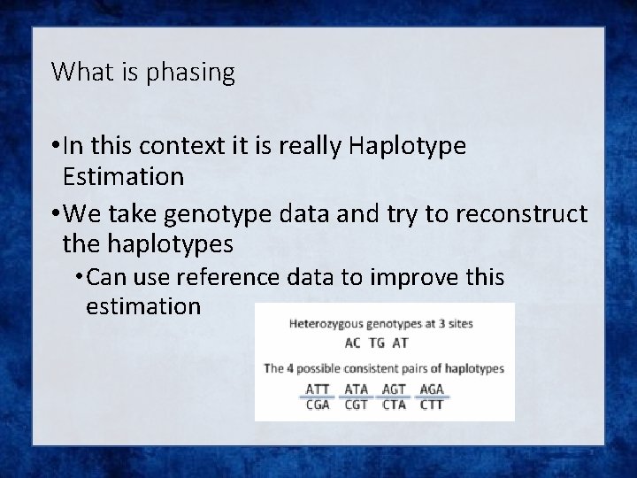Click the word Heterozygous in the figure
pyautogui.click(x=326, y=324)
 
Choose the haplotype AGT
pyautogui.click(x=394, y=389)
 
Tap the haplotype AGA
pyautogui.click(x=431, y=389)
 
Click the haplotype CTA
pyautogui.click(x=394, y=405)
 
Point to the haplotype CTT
pyautogui.click(x=431, y=405)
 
